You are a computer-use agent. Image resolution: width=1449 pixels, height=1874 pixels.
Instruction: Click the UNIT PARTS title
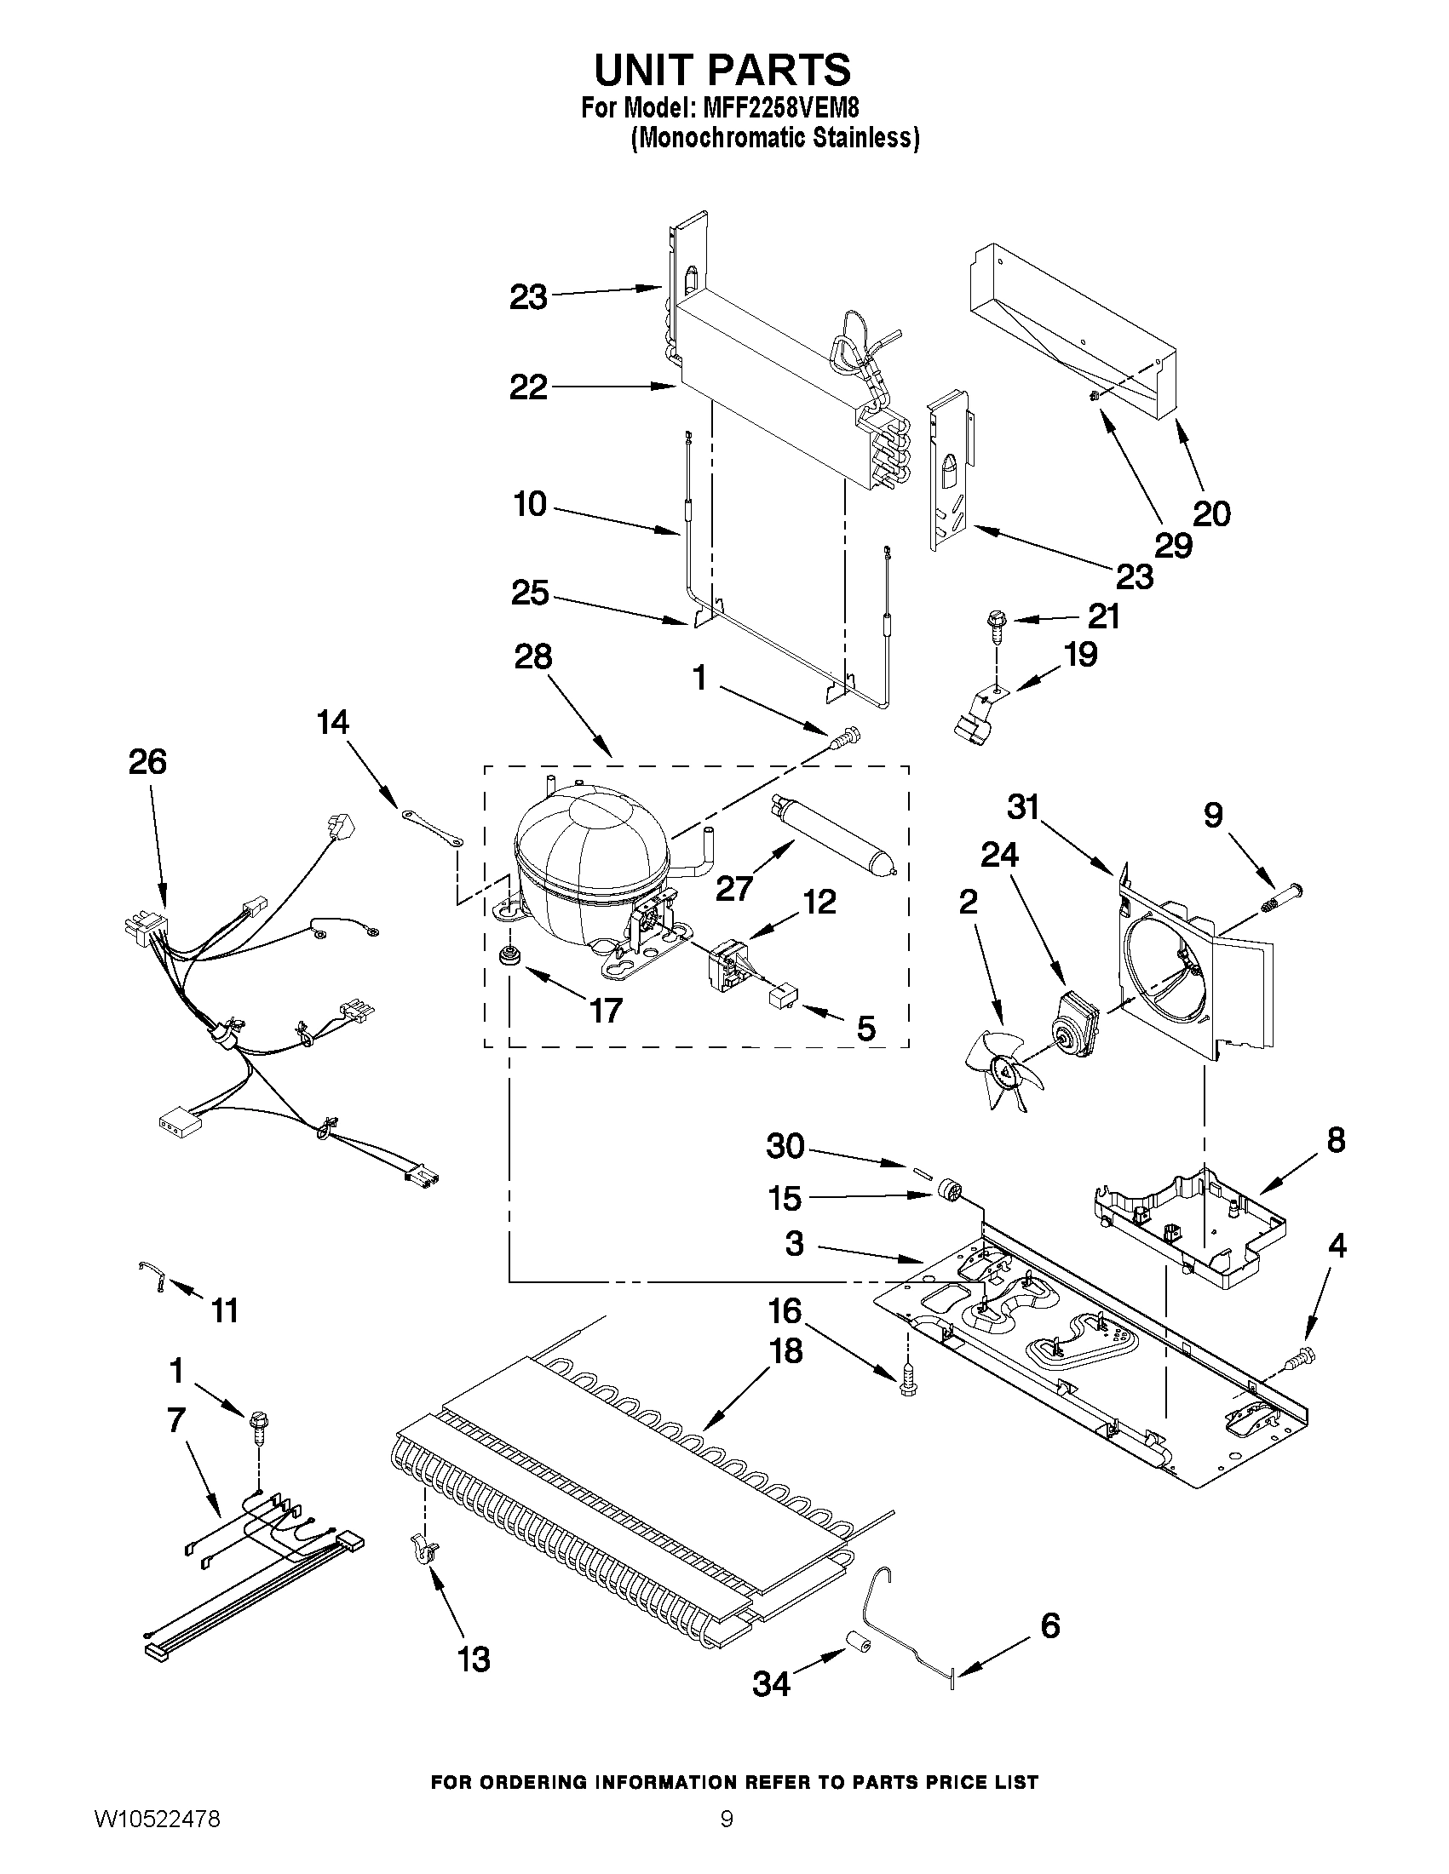coord(722,69)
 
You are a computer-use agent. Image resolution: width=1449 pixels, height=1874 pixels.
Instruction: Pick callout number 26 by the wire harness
coord(147,762)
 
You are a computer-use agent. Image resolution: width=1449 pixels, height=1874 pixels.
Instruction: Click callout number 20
coord(1211,513)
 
